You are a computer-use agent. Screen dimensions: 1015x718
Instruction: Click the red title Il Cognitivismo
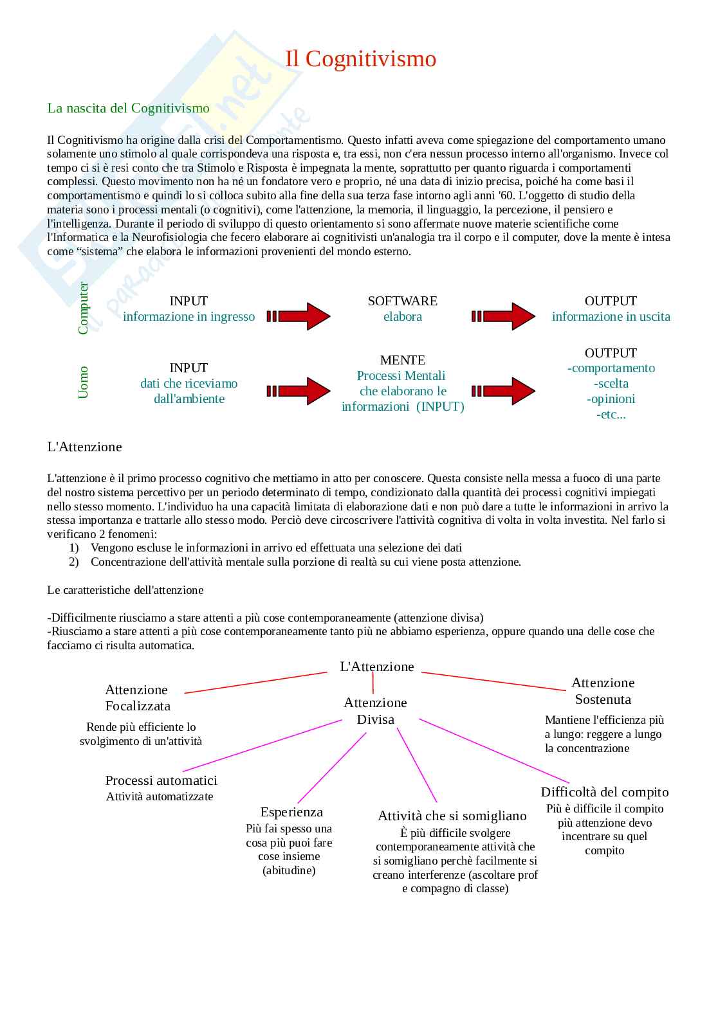[360, 59]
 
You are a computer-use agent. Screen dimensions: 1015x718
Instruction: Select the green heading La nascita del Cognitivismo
[128, 108]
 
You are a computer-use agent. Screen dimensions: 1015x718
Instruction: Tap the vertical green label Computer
[83, 309]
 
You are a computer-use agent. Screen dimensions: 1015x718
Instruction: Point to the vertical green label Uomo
[83, 382]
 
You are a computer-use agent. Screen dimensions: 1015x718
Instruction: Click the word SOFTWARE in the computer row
[402, 301]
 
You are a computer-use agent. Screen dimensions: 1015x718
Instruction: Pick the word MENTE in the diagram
[402, 360]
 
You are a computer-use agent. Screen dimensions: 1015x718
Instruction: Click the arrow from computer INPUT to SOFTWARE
[299, 316]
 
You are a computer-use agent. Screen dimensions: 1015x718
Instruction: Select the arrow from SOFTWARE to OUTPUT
[503, 316]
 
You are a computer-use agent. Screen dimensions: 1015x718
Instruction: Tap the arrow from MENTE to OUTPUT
[503, 391]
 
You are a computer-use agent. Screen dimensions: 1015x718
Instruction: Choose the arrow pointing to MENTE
[299, 391]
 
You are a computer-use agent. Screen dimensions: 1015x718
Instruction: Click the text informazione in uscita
[611, 316]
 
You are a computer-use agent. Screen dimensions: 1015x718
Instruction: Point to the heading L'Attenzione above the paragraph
[84, 447]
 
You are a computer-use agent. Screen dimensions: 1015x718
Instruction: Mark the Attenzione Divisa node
[375, 711]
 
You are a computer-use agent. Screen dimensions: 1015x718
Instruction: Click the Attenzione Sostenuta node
[603, 691]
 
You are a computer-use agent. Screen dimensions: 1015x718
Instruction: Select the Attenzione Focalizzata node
[138, 698]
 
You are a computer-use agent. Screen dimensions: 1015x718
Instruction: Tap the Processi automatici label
[161, 780]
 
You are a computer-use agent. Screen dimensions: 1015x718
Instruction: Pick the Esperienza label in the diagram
[291, 812]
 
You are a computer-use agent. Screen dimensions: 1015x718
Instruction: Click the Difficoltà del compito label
[604, 792]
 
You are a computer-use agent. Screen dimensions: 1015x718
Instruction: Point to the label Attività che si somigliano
[452, 816]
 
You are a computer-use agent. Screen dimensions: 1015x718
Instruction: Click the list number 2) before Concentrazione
[74, 562]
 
